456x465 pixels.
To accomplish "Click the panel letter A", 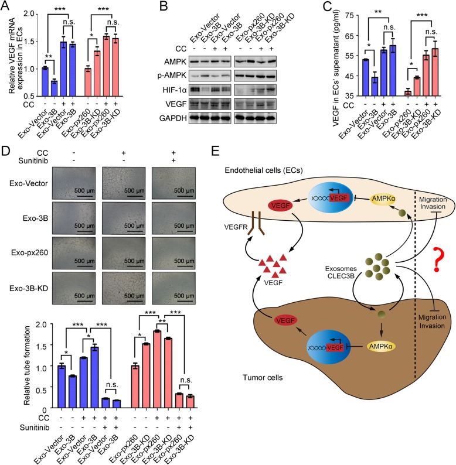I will [x=6, y=7].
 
